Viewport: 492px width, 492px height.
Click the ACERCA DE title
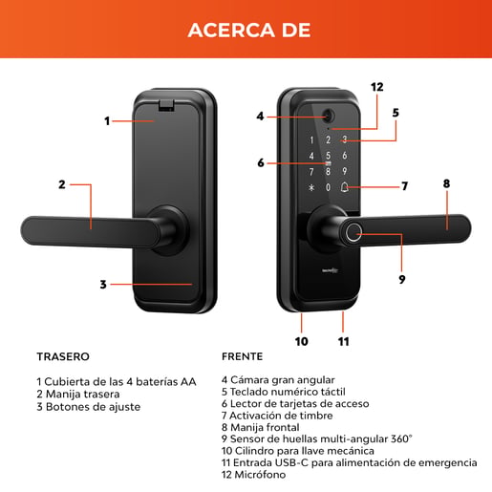point(249,31)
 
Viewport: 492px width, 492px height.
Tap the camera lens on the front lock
point(329,116)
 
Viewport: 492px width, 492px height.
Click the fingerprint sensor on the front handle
point(353,233)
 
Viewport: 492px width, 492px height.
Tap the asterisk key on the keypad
point(311,187)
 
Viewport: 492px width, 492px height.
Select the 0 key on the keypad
point(328,187)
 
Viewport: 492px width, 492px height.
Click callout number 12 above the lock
point(377,87)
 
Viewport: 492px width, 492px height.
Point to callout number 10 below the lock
point(301,341)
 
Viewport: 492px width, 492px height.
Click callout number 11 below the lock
point(344,341)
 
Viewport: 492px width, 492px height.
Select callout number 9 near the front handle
point(402,279)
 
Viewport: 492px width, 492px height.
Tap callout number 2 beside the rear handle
point(62,184)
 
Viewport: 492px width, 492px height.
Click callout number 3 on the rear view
point(103,285)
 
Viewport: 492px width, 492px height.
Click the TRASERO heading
point(63,356)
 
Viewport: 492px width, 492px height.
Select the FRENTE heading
point(243,356)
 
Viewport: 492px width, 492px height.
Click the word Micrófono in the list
point(260,475)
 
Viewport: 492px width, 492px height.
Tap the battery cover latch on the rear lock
point(166,105)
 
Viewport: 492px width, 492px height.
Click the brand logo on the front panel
point(330,271)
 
